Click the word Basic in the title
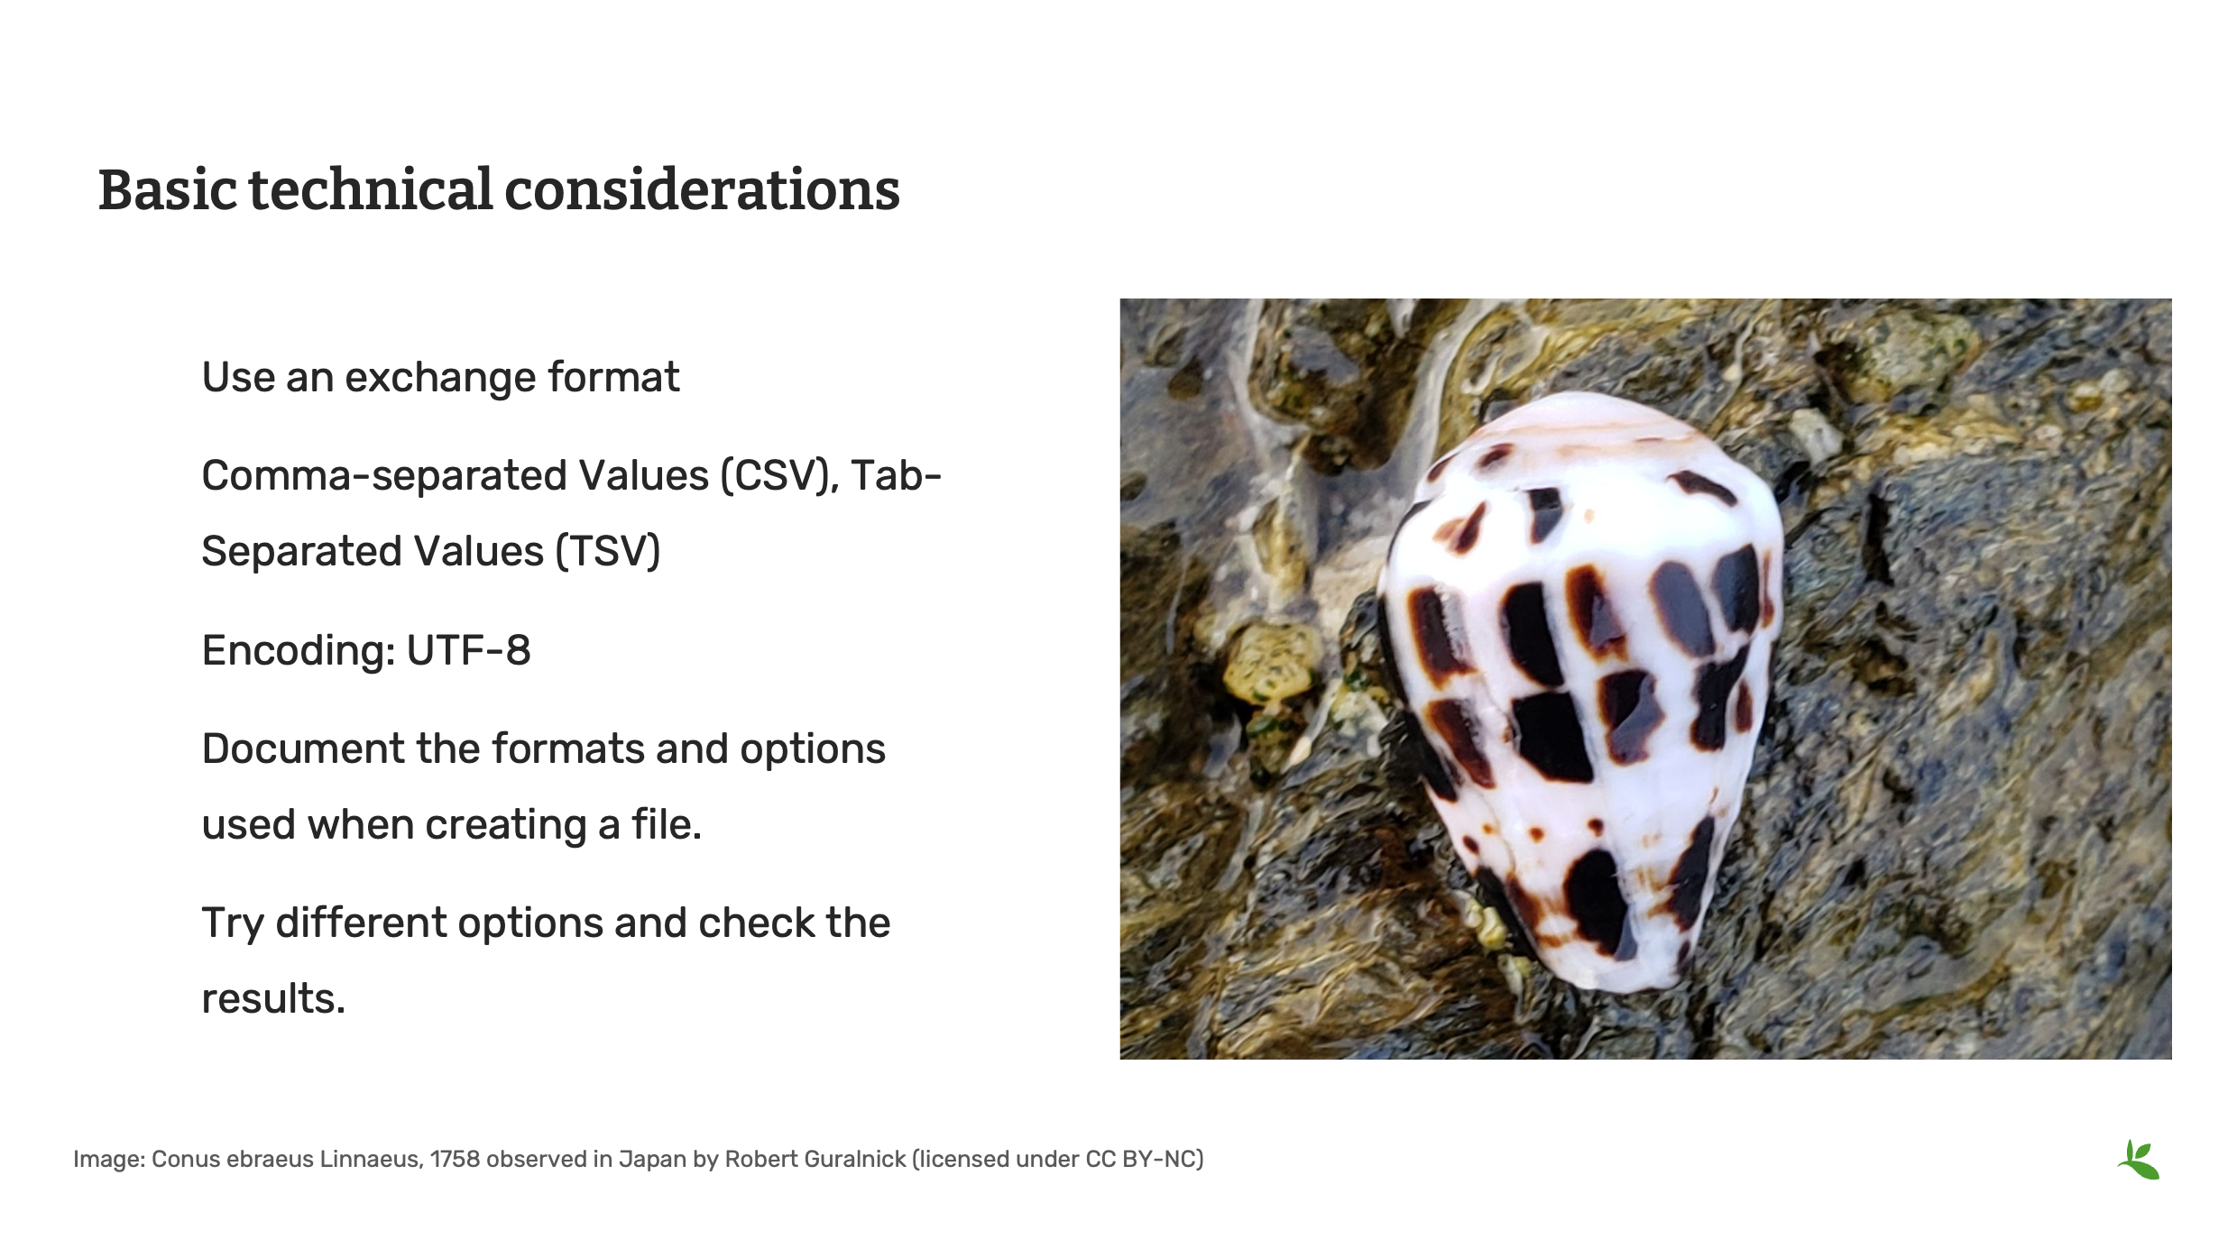[168, 190]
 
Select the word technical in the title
[370, 190]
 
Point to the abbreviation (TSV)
[607, 552]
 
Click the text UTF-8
[468, 650]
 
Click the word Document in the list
[302, 748]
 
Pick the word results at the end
[272, 999]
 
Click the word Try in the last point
[232, 923]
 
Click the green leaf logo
[2139, 1160]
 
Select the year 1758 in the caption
[455, 1160]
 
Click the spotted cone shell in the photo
[1579, 685]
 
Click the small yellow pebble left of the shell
[1270, 663]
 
